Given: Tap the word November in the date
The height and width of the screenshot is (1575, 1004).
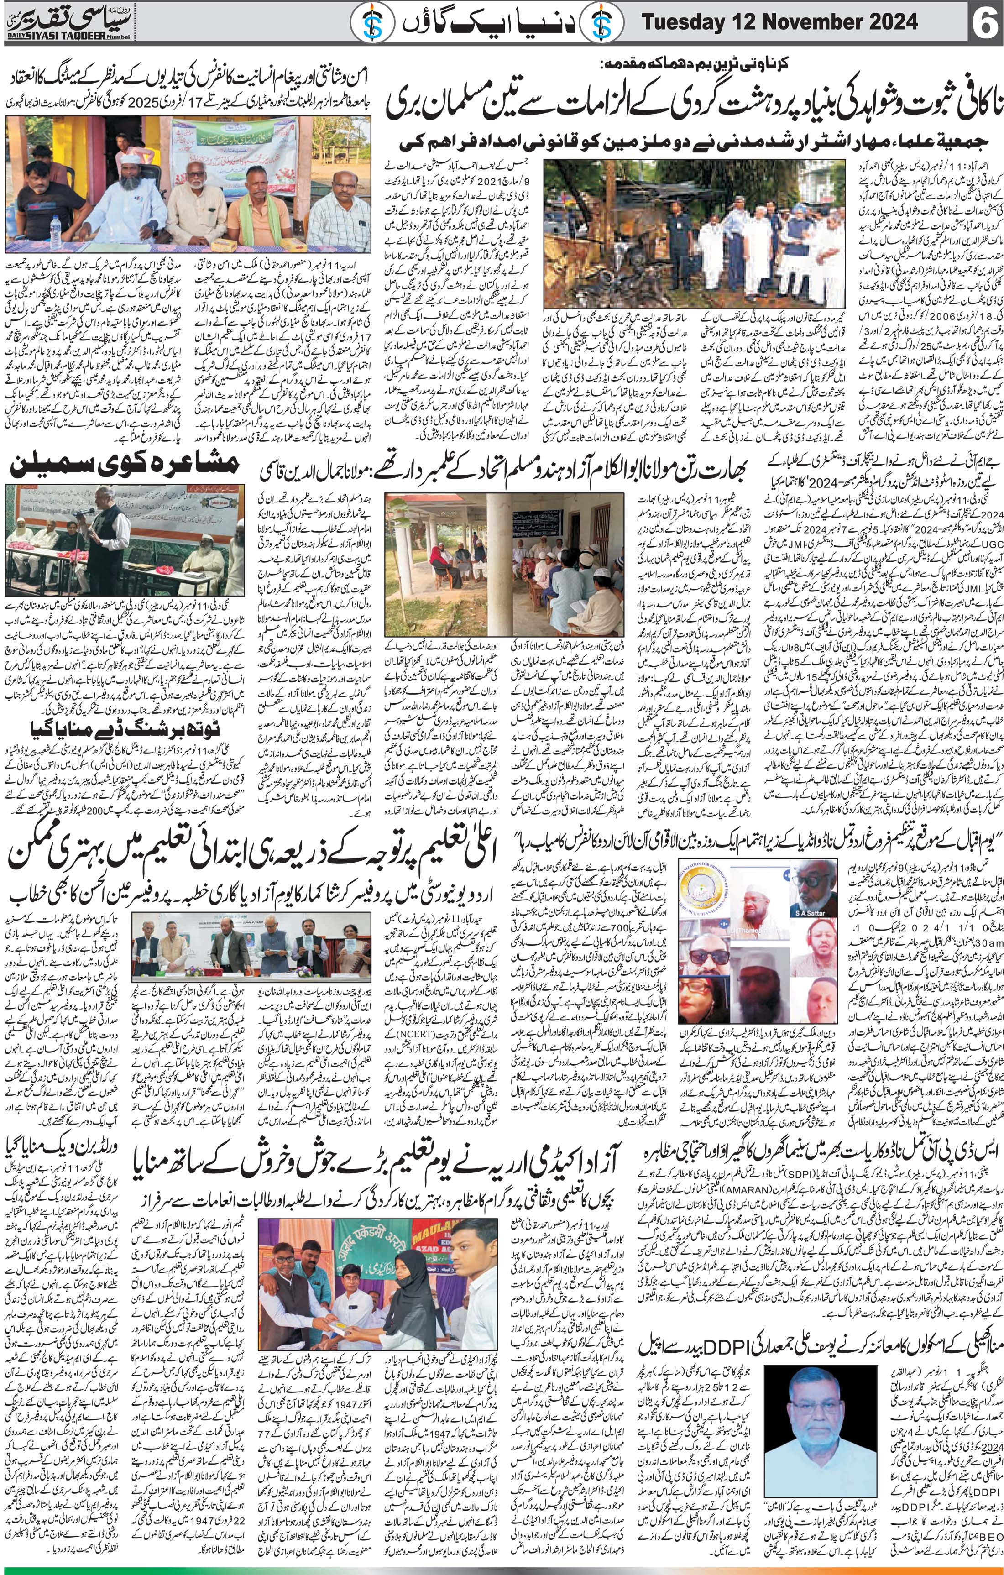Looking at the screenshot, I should pos(808,24).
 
